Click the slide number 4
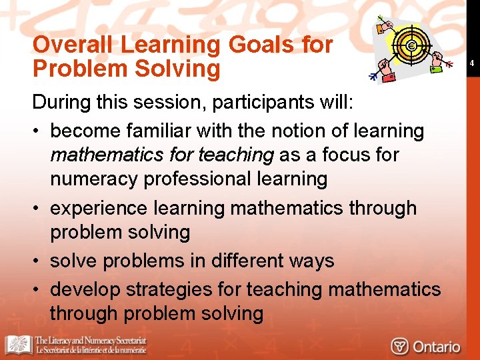pyautogui.click(x=471, y=63)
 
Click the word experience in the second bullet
pyautogui.click(x=99, y=208)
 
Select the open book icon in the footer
pyautogui.click(x=19, y=345)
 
